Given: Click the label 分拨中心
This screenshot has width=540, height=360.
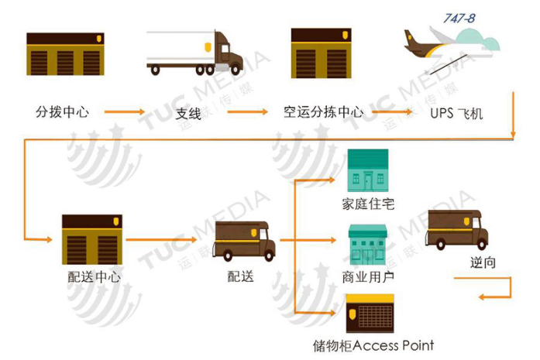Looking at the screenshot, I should pyautogui.click(x=63, y=112).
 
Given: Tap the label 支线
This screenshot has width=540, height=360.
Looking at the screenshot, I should pyautogui.click(x=188, y=114).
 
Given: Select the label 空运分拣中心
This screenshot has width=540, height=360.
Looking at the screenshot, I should pyautogui.click(x=323, y=112).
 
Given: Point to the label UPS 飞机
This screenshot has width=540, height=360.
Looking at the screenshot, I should pyautogui.click(x=456, y=114).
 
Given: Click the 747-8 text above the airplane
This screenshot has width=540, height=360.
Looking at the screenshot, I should pyautogui.click(x=459, y=18).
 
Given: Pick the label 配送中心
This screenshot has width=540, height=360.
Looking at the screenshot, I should pyautogui.click(x=94, y=276).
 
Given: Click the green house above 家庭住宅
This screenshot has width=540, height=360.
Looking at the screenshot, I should pyautogui.click(x=368, y=170).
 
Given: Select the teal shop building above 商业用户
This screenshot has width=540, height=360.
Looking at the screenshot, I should pyautogui.click(x=368, y=245).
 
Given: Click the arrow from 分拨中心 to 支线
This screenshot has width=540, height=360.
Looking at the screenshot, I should pyautogui.click(x=124, y=113).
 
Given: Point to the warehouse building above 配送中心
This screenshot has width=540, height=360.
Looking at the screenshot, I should pyautogui.click(x=93, y=240).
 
